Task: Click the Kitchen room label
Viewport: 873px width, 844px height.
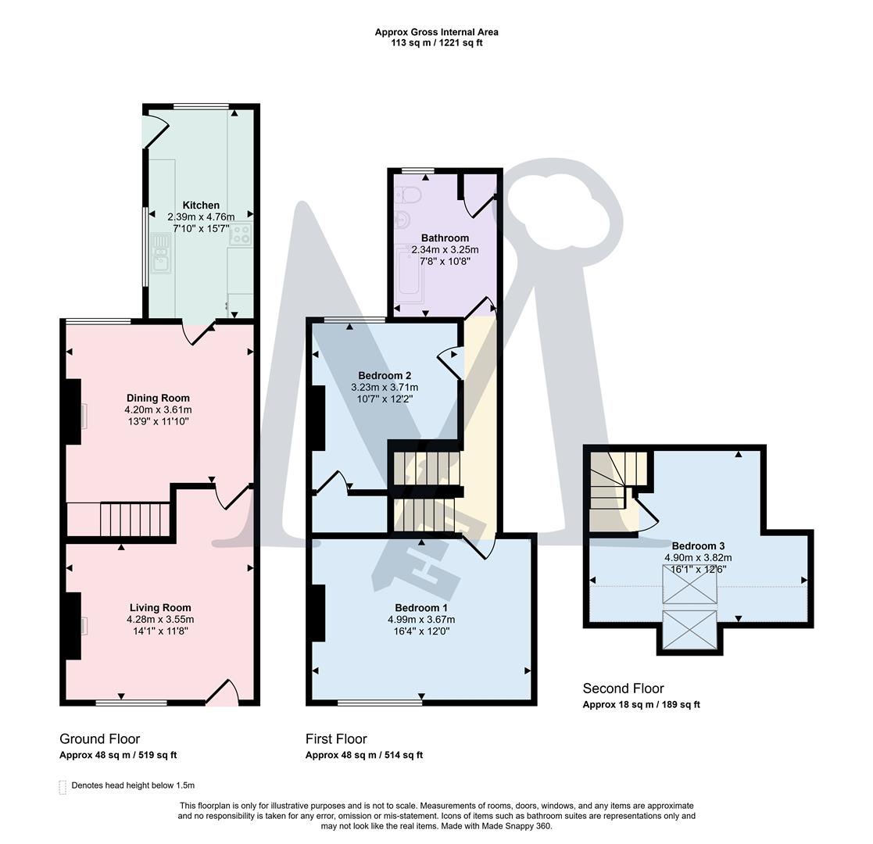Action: pos(201,206)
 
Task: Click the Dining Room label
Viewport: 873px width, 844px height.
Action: pos(158,398)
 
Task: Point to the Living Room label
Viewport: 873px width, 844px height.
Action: pos(160,607)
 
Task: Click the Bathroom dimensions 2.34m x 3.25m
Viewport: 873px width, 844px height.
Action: pos(445,250)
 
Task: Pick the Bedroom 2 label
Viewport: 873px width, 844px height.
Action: pos(385,375)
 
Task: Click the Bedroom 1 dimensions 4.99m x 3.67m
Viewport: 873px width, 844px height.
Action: pos(421,620)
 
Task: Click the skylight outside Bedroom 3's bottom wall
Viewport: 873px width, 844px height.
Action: pos(689,630)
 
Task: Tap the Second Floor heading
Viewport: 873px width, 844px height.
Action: pos(623,688)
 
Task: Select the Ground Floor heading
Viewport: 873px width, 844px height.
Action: pos(99,738)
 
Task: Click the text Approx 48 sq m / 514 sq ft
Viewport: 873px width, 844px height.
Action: pos(363,755)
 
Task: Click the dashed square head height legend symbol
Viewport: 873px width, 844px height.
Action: pos(63,786)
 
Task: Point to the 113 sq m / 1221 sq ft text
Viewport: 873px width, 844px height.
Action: pos(436,43)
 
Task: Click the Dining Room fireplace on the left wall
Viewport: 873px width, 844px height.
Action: pos(73,412)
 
